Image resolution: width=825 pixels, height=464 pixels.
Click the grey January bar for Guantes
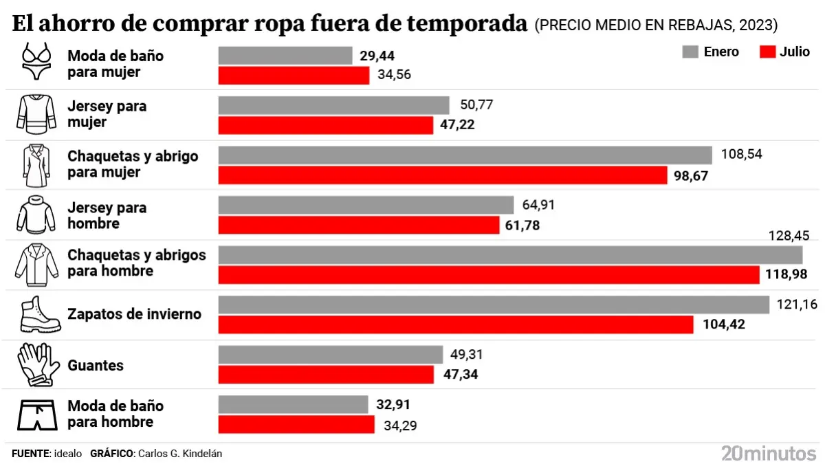click(x=330, y=355)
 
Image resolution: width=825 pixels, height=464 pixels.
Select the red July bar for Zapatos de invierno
click(x=456, y=324)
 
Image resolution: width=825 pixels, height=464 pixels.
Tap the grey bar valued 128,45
click(x=510, y=255)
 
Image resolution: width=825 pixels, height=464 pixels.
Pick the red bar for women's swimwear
click(x=294, y=76)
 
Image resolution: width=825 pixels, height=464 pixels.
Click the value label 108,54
click(x=741, y=154)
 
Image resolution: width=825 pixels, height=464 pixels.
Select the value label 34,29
click(x=401, y=425)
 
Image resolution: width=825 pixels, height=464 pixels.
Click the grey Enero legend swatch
click(x=690, y=52)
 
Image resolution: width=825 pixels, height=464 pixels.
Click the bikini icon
click(x=36, y=62)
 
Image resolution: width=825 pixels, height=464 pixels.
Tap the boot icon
click(x=36, y=315)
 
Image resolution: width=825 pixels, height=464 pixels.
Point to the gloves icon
click(x=36, y=364)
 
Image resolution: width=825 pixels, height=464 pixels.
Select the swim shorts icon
click(x=36, y=415)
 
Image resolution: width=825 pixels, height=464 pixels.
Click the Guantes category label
click(x=96, y=365)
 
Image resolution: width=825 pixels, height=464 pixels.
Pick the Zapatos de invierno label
click(x=134, y=314)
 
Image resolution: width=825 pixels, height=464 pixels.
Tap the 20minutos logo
click(x=768, y=453)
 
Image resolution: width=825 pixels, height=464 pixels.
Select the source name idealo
click(x=68, y=454)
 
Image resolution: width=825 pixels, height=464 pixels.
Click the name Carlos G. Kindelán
click(x=180, y=454)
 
